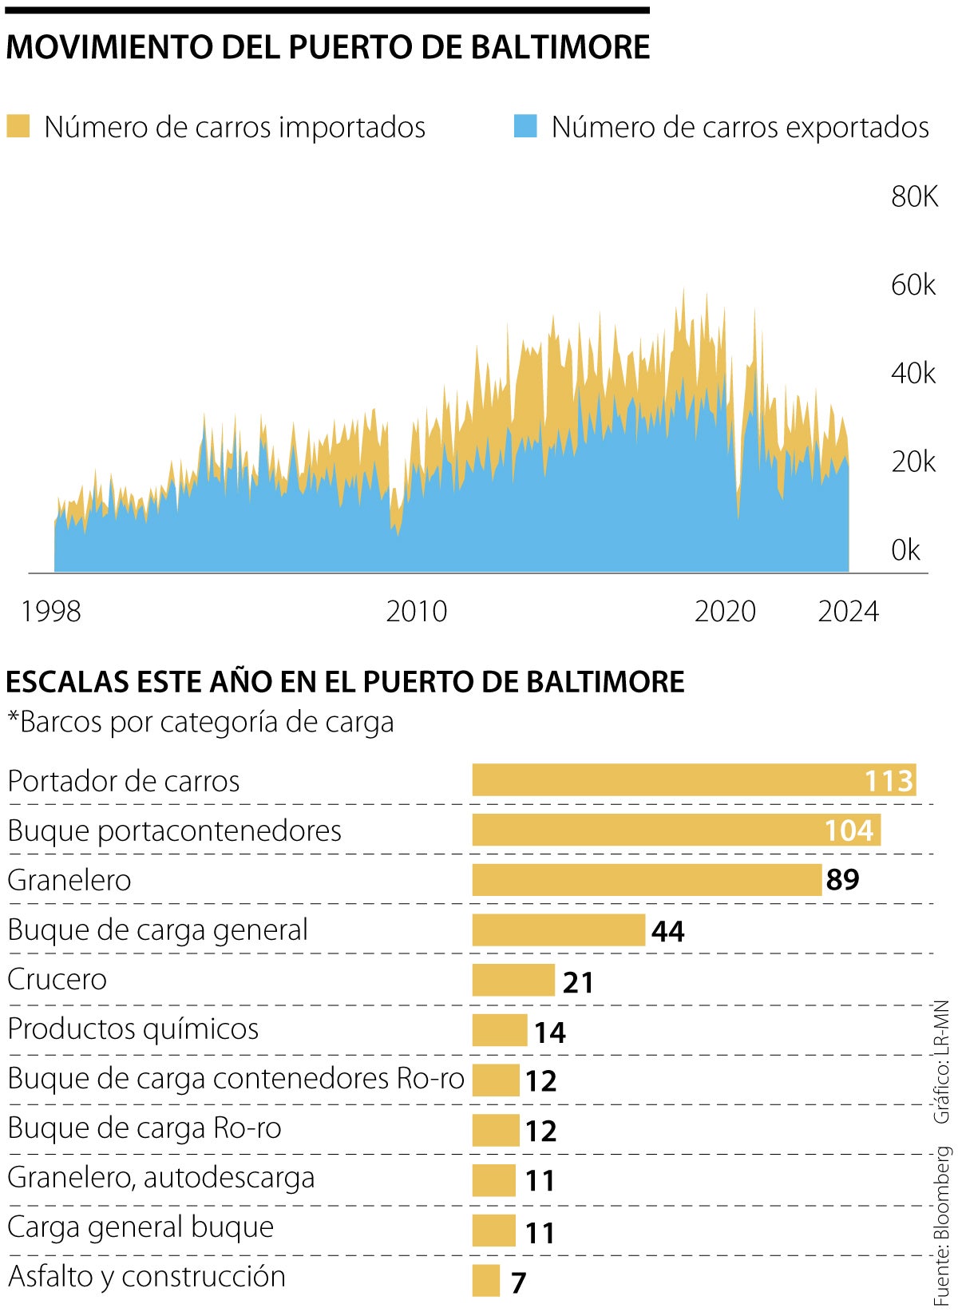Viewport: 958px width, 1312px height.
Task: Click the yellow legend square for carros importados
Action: (x=18, y=127)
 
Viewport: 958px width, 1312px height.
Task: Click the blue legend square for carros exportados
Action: (x=525, y=127)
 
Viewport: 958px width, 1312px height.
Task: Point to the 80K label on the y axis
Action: (x=914, y=196)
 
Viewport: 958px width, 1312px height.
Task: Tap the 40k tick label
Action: (x=913, y=373)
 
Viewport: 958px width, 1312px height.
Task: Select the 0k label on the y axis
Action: (x=905, y=550)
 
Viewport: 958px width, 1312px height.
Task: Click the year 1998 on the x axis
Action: (x=51, y=612)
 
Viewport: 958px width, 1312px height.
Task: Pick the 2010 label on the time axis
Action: (x=417, y=612)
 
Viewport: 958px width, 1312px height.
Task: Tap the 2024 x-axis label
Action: (x=848, y=612)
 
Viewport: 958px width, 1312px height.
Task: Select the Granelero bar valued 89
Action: (x=647, y=880)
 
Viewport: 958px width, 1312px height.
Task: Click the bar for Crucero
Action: (x=513, y=980)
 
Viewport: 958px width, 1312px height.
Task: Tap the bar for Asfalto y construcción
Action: (x=485, y=1280)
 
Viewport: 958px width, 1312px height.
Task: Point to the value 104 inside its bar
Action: (x=849, y=830)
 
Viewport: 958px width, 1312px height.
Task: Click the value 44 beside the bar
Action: (x=668, y=931)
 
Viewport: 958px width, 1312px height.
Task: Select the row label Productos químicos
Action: (x=133, y=1029)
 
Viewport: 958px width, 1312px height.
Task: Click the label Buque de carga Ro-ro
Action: (x=144, y=1128)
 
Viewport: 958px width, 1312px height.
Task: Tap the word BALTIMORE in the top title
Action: (x=560, y=47)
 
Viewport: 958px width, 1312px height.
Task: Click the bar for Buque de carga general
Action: (x=558, y=930)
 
